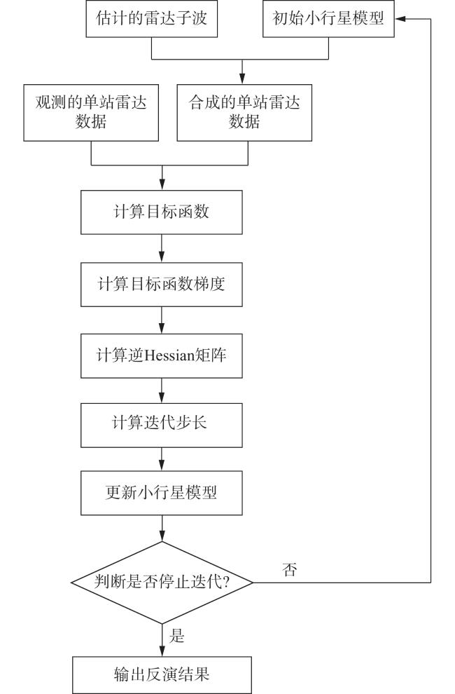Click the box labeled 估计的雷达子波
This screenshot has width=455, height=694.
[x=152, y=18]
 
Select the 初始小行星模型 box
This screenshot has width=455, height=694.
[x=328, y=18]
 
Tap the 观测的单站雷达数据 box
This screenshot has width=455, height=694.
[x=91, y=113]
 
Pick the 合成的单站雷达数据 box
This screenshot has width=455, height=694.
[x=244, y=113]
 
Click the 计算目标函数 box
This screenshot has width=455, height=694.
[x=162, y=212]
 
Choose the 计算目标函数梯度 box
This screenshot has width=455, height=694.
[x=162, y=284]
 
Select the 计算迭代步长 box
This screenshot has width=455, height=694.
[x=162, y=425]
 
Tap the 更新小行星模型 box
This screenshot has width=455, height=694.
[x=162, y=493]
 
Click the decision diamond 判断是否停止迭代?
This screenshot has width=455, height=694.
[x=162, y=583]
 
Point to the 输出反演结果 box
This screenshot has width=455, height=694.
[x=162, y=675]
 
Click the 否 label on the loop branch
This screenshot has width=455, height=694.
[x=290, y=569]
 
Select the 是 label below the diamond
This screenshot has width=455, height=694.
[x=176, y=636]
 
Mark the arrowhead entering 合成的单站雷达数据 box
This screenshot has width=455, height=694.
[x=242, y=79]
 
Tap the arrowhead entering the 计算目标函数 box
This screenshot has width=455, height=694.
[x=162, y=184]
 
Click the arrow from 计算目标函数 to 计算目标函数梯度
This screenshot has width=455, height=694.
[x=162, y=248]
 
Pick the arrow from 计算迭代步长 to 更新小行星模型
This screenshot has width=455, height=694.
[x=162, y=459]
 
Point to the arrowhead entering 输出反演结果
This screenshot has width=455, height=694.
[x=162, y=651]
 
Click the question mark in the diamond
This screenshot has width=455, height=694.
[x=226, y=581]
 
